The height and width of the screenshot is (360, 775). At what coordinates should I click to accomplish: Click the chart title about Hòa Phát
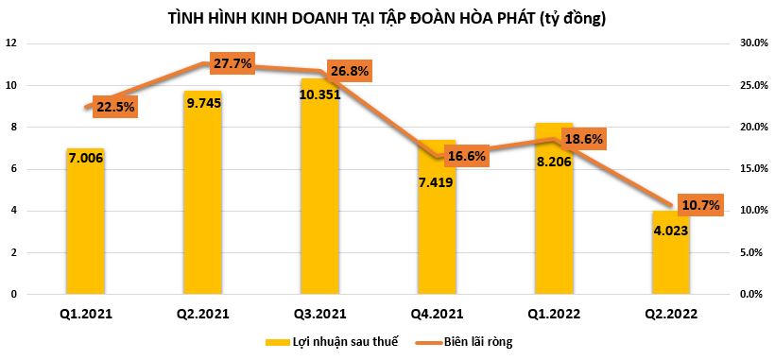(387, 17)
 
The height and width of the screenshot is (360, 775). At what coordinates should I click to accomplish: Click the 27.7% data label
(232, 63)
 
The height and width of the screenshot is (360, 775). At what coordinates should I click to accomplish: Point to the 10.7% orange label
(699, 204)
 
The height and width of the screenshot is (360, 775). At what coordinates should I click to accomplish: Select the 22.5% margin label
(115, 107)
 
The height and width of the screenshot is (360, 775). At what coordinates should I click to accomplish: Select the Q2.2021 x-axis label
(203, 315)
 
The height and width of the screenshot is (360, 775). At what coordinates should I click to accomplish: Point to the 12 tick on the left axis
(10, 43)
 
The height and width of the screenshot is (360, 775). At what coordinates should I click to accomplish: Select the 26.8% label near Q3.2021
(350, 71)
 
